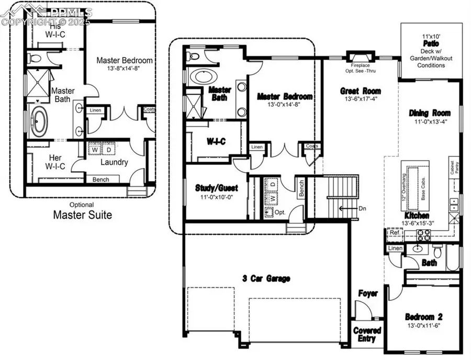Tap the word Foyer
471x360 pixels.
point(368,294)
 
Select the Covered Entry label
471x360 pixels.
point(367,334)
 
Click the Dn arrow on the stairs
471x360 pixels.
point(346,208)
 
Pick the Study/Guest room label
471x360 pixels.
point(216,188)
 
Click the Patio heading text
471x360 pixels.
point(431,44)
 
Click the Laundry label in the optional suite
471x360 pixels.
point(114,162)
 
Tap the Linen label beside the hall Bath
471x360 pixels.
point(395,248)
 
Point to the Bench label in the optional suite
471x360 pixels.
point(101,179)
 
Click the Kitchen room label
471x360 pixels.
point(417,216)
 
